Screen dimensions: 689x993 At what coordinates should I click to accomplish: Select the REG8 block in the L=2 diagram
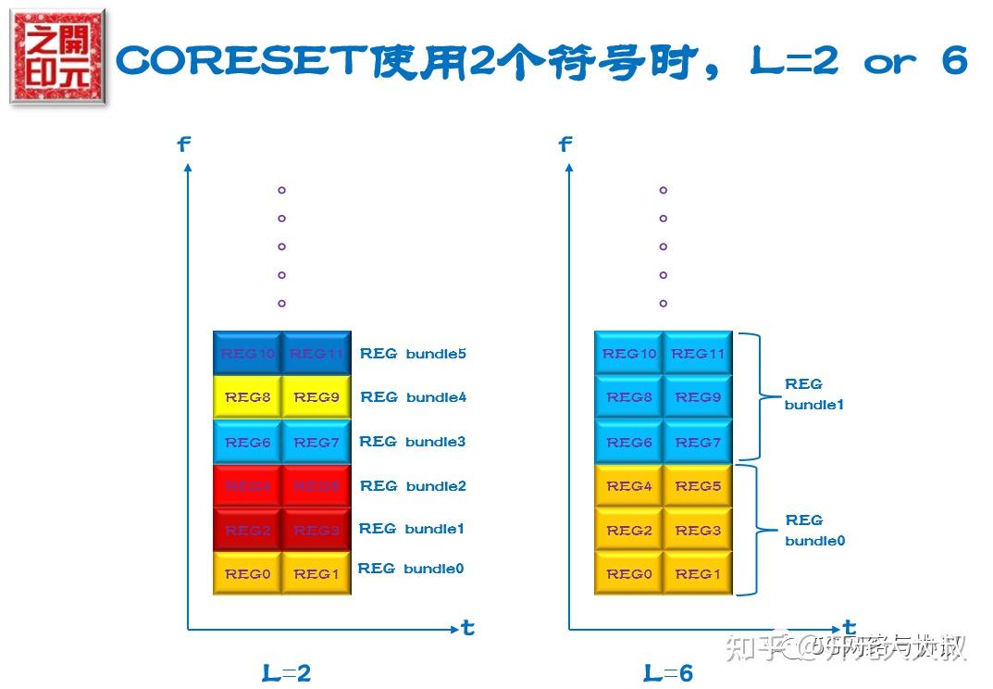[247, 397]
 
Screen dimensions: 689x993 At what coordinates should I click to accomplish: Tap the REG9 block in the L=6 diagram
[698, 397]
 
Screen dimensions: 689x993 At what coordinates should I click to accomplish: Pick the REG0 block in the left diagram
[247, 574]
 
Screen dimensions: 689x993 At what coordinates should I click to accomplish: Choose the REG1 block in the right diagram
[698, 574]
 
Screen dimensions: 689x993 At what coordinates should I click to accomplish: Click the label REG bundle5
[413, 354]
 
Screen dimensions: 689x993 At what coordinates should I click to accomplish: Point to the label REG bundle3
[413, 442]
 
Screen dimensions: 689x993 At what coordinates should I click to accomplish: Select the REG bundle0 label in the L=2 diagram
[411, 569]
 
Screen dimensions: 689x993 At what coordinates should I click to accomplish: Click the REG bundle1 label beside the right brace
[813, 394]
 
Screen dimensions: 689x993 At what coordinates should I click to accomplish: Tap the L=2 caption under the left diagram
[286, 673]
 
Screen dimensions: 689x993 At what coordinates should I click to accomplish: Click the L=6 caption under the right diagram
[667, 673]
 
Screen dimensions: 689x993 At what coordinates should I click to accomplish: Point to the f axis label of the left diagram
[183, 144]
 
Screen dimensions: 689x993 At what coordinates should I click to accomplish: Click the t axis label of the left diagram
[467, 628]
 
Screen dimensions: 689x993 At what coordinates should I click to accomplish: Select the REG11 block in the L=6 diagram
[698, 354]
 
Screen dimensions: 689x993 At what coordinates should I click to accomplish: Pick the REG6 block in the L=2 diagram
[247, 443]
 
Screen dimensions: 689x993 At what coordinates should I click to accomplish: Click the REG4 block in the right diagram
[629, 486]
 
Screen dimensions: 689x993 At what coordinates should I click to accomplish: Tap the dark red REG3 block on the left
[317, 531]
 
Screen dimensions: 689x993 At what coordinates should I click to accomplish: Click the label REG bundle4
[413, 397]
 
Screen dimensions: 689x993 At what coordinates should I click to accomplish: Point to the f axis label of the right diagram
[565, 144]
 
